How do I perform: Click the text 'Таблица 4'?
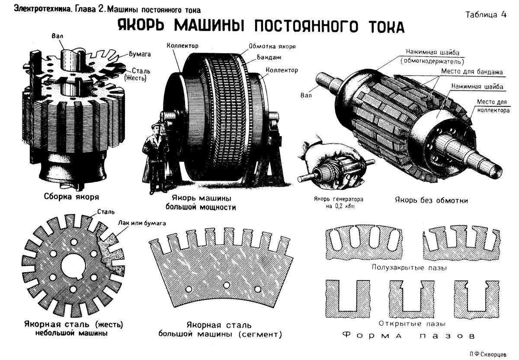coord(486,14)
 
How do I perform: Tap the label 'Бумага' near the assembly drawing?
coord(139,54)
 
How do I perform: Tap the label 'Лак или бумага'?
coord(142,223)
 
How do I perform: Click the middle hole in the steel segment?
coord(226,286)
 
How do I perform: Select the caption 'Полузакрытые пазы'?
coord(409,267)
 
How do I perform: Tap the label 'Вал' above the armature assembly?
coord(56,37)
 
